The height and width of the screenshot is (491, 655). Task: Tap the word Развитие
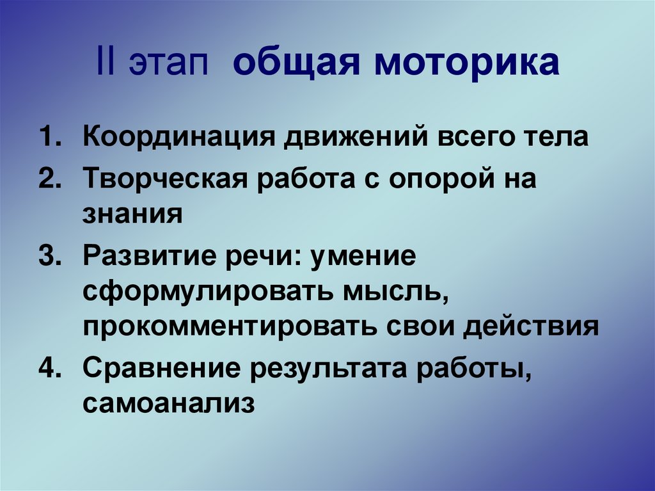tap(141, 257)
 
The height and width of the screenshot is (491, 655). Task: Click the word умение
tap(361, 257)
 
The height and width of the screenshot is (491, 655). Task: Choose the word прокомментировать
tap(229, 326)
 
